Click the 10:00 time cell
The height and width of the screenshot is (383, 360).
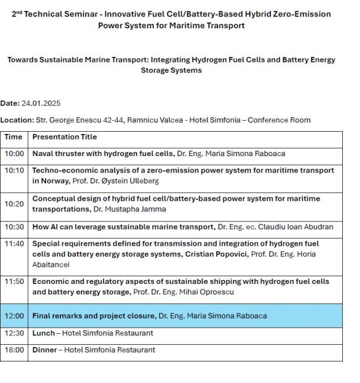pos(14,154)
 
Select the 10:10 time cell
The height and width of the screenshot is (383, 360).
pos(14,170)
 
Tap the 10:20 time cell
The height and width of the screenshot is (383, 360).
pos(14,204)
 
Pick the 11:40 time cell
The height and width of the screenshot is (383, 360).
pos(14,244)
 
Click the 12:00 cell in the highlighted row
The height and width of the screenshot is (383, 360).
pos(14,316)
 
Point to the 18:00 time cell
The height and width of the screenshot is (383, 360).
pos(14,350)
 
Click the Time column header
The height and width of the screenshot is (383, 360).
pos(14,137)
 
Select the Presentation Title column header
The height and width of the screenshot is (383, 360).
pos(65,137)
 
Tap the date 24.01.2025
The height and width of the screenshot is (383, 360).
pos(41,103)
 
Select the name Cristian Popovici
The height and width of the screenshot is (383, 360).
pos(214,255)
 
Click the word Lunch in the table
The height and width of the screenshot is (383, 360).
pos(43,333)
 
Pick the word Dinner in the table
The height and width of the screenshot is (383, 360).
pos(45,350)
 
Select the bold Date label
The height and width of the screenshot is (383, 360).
pos(10,103)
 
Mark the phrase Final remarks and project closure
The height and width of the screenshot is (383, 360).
pos(94,316)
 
